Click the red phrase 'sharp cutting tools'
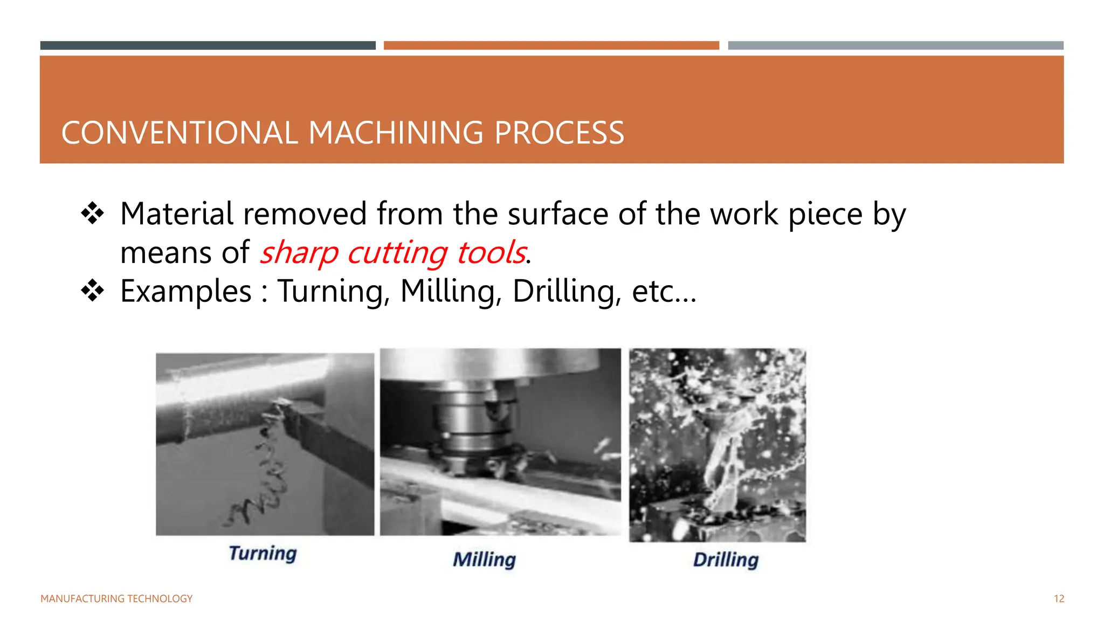point(393,252)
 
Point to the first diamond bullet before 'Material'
point(92,213)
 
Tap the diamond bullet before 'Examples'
point(92,291)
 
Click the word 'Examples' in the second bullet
point(186,292)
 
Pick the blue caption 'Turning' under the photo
point(263,554)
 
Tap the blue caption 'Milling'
point(484,560)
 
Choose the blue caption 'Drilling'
point(726,560)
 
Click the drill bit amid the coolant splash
point(725,453)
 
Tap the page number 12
point(1059,599)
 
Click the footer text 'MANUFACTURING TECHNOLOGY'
point(116,599)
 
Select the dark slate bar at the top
point(208,46)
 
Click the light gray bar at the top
point(895,46)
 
